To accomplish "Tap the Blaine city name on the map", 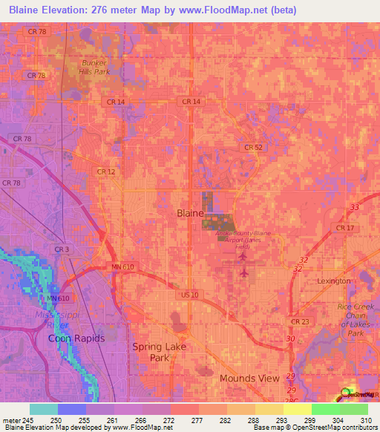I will (190, 213).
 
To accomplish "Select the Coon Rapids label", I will (73, 338).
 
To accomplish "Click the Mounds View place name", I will (249, 378).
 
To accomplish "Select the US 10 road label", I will (190, 295).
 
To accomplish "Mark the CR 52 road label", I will (253, 148).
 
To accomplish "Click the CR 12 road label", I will (105, 171).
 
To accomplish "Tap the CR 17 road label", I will (345, 227).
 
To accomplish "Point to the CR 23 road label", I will (301, 321).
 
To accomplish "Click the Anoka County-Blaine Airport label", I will (243, 238).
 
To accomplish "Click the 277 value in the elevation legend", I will (198, 420).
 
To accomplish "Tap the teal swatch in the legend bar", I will (43, 409).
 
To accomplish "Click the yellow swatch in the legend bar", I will (269, 409).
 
